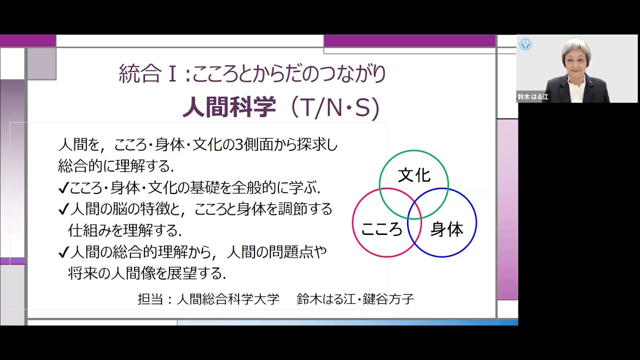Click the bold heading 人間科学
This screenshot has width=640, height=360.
pos(229,108)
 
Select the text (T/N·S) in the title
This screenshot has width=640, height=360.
pos(336,108)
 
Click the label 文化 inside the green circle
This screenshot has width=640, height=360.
pos(414,175)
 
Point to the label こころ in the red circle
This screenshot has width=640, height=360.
pos(381,229)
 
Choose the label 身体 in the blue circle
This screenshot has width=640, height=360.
pos(447,229)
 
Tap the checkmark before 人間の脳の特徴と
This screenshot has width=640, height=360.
pos(63,209)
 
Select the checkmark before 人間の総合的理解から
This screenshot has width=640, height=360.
pos(63,252)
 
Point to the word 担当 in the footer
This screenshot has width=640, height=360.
pos(148,299)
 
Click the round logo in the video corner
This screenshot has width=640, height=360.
pos(525,44)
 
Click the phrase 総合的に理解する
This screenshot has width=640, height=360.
pos(115,165)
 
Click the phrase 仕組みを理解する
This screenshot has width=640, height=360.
pos(125,230)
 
